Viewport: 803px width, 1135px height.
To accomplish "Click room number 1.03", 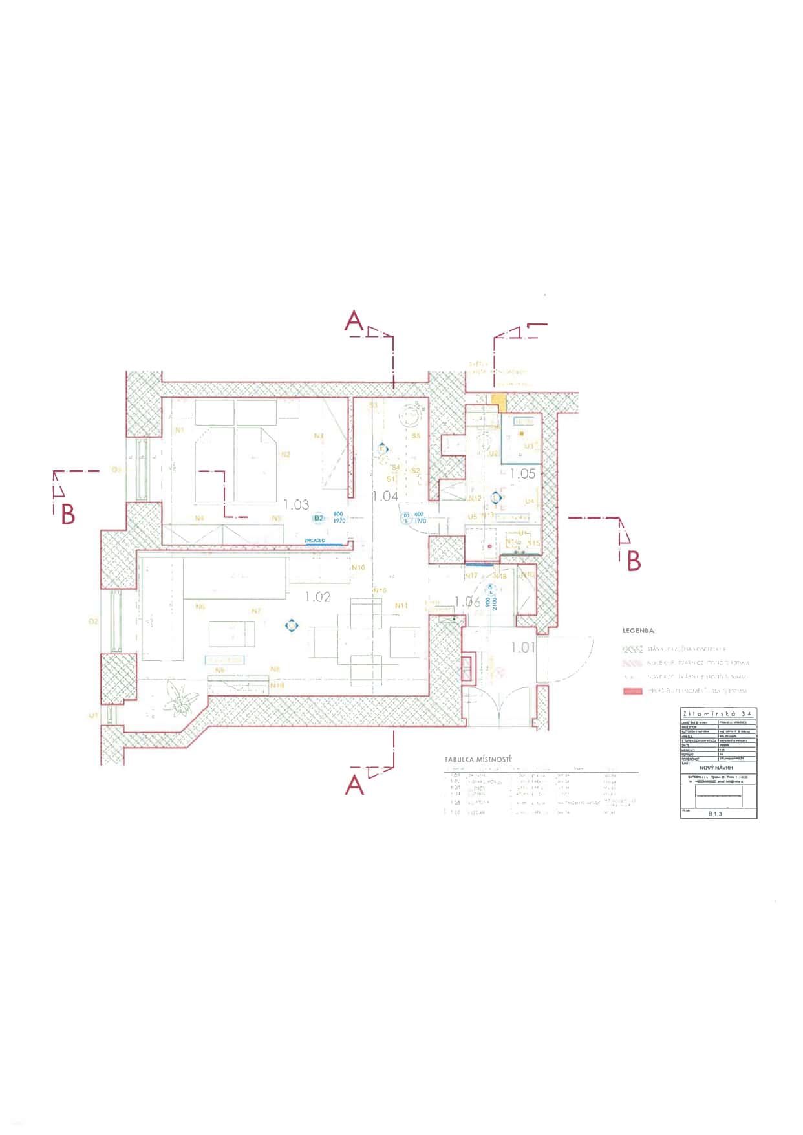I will coord(296,504).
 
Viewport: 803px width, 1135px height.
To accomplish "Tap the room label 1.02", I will coord(317,597).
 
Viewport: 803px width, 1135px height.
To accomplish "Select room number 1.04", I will coord(385,496).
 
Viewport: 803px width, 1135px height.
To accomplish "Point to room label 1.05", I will coord(522,473).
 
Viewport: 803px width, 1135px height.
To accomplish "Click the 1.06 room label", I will coord(467,601).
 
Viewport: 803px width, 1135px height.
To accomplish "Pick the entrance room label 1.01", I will coord(523,647).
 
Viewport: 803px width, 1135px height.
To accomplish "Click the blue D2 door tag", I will coord(318,519).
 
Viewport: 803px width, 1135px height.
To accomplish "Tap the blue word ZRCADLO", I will coord(315,540).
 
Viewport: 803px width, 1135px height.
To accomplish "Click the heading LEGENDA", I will coord(638,630).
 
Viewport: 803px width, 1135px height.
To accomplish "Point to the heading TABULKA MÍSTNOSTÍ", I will coord(478,759).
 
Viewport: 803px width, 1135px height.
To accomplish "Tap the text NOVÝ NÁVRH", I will coord(718,767).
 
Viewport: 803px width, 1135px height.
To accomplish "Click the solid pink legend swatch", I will coord(632,691).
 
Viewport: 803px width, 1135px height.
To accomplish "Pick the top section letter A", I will coord(354,321).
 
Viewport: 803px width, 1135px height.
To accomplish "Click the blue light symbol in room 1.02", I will coord(292,625).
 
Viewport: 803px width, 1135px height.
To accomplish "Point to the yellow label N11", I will coord(401,605).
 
